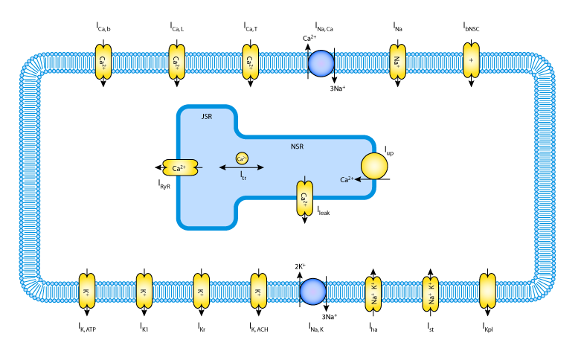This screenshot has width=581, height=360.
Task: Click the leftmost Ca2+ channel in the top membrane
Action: pyautogui.click(x=103, y=62)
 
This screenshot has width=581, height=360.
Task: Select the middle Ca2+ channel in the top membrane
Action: pyautogui.click(x=177, y=62)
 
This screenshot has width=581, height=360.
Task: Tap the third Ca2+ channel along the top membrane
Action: pyautogui.click(x=251, y=62)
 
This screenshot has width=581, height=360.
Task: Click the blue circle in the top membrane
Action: pyautogui.click(x=321, y=63)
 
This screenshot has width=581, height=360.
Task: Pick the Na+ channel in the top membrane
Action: pyautogui.click(x=398, y=62)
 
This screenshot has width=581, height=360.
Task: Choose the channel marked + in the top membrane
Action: pyautogui.click(x=471, y=60)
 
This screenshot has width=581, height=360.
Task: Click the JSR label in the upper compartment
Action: pyautogui.click(x=207, y=117)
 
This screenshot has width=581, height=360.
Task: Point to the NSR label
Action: pyautogui.click(x=297, y=147)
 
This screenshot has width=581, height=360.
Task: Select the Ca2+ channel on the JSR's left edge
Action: pyautogui.click(x=180, y=167)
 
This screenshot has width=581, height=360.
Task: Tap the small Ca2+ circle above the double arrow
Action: pyautogui.click(x=242, y=158)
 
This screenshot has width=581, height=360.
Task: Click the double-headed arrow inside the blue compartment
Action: pyautogui.click(x=241, y=167)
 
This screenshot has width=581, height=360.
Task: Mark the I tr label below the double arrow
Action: pyautogui.click(x=243, y=176)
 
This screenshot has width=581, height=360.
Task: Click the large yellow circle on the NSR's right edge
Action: pyautogui.click(x=374, y=166)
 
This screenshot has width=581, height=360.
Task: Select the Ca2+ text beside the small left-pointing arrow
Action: pyautogui.click(x=346, y=180)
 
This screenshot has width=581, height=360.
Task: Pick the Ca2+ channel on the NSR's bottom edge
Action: pyautogui.click(x=304, y=198)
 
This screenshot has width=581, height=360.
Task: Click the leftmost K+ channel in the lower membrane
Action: pyautogui.click(x=87, y=291)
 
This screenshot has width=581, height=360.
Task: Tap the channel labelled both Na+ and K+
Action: pyautogui.click(x=373, y=294)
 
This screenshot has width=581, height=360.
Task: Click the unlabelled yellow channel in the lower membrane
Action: pyautogui.click(x=487, y=291)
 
